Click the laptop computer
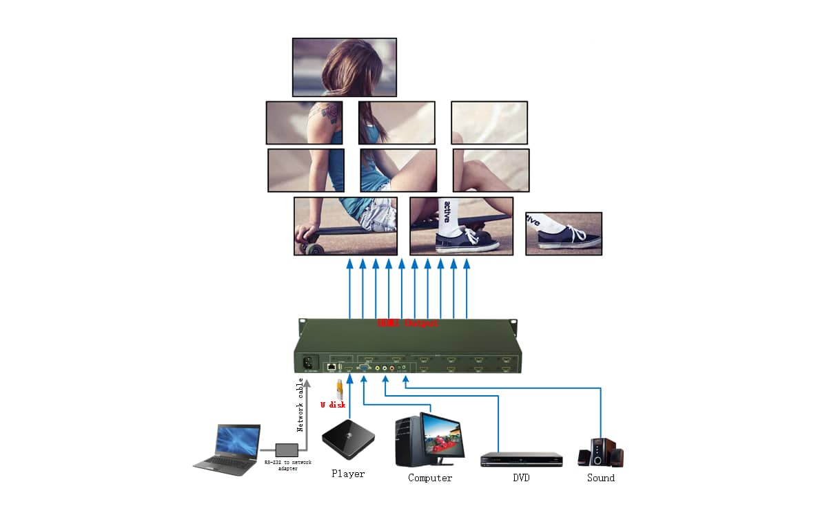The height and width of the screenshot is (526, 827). coord(227,450)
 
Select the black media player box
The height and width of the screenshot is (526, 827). coord(349,439)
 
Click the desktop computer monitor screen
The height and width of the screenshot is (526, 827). coord(443,434)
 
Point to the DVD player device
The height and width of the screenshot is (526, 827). coord(521,459)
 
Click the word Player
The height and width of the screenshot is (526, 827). coord(348,474)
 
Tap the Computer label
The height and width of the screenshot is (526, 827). coord(430,478)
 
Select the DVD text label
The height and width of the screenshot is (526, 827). coord(521,478)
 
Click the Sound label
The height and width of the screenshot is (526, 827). coord(600,478)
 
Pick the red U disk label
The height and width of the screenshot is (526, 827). coord(333,405)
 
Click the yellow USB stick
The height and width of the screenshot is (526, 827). coord(339,388)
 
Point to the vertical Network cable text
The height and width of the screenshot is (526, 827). coord(300,405)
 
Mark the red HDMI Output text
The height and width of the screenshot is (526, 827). coord(407,323)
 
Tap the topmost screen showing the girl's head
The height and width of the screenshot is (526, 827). coord(344,67)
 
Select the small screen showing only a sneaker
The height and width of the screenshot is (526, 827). coord(563,233)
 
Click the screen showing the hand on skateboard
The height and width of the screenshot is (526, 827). coord(345,226)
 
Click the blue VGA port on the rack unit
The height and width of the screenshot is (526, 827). coord(363,368)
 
